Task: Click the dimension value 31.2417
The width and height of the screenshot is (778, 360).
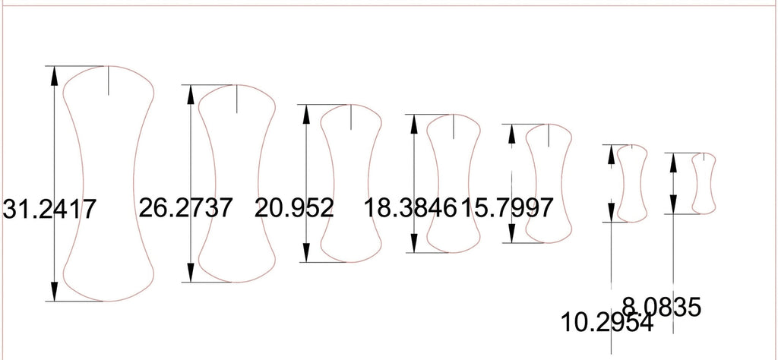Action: pyautogui.click(x=49, y=209)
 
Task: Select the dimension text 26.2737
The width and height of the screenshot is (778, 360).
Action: pyautogui.click(x=185, y=208)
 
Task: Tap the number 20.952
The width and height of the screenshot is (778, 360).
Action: pyautogui.click(x=294, y=208)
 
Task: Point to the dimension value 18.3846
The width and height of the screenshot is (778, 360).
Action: pyautogui.click(x=410, y=208)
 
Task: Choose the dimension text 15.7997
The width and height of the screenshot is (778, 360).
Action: pyautogui.click(x=507, y=208)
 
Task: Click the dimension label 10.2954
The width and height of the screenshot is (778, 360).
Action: pyautogui.click(x=607, y=322)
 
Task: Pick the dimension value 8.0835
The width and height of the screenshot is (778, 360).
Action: pyautogui.click(x=662, y=307)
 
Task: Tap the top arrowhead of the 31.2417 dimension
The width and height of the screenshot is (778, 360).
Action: pyautogui.click(x=54, y=74)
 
